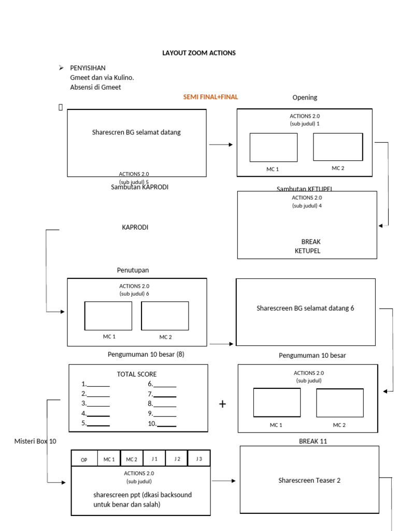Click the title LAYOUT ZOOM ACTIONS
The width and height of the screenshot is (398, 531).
click(x=199, y=53)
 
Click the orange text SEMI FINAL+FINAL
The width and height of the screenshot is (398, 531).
click(x=210, y=96)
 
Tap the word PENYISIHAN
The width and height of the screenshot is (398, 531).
click(x=88, y=68)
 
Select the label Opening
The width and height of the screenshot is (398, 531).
click(x=305, y=97)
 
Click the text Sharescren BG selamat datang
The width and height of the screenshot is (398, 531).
click(x=136, y=132)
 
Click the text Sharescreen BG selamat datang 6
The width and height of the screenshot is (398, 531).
click(x=305, y=308)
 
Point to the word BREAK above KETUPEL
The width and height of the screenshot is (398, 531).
click(x=310, y=242)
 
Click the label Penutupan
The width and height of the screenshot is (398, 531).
click(x=133, y=270)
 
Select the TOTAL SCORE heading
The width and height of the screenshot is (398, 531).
click(x=137, y=374)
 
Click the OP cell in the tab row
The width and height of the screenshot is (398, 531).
click(x=83, y=459)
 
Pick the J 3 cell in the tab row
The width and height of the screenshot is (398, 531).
click(x=198, y=459)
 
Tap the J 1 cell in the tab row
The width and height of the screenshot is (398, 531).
click(x=154, y=459)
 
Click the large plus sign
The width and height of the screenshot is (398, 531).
click(x=223, y=404)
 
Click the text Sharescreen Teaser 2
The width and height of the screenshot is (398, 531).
click(x=309, y=480)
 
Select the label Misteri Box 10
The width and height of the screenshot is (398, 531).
click(x=35, y=441)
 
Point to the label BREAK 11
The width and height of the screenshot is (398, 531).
click(x=313, y=441)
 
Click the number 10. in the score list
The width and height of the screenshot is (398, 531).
click(x=152, y=424)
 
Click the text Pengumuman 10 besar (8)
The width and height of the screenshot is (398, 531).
click(x=146, y=355)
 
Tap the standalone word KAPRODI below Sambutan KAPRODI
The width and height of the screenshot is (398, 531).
click(x=135, y=227)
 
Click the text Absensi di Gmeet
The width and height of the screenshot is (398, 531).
click(x=95, y=87)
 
